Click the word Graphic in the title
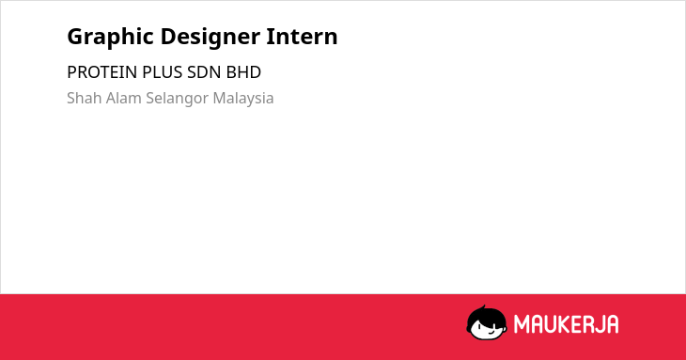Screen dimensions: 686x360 point(110,38)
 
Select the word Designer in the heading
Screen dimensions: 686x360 point(210,38)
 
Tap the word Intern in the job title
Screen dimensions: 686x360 point(302,36)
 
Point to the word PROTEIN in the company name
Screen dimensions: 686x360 point(101,72)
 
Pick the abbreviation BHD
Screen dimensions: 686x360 point(243,72)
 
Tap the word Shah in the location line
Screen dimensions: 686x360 point(85,98)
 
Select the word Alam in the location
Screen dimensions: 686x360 point(124,98)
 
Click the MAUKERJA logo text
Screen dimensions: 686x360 point(566,324)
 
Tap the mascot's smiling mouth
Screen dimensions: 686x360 point(491,331)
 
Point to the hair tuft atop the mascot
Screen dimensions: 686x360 point(483,307)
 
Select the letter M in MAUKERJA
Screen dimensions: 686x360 point(521,324)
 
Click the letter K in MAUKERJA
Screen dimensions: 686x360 point(565,324)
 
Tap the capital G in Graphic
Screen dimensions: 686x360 point(75,37)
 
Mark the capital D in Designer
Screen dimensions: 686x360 point(168,37)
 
